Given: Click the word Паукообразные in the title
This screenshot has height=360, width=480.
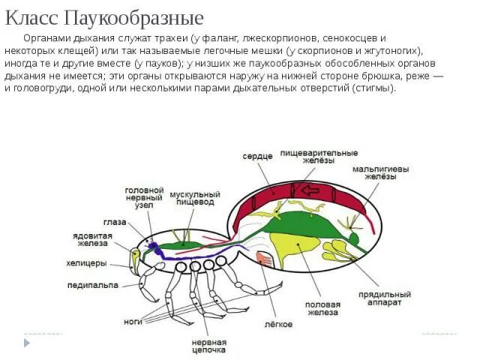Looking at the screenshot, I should [x=141, y=16].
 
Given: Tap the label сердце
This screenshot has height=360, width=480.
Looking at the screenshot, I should [x=256, y=157].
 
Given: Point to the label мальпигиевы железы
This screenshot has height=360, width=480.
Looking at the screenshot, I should [x=381, y=174].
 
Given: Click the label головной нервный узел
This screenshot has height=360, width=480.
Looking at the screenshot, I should [x=144, y=198].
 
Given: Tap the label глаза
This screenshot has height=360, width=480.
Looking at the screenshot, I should [x=115, y=222].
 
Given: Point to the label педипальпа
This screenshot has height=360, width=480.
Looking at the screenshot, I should [x=91, y=285].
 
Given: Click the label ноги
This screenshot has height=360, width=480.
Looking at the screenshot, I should [x=133, y=321].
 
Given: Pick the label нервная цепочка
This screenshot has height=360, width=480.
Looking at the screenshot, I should [x=208, y=345].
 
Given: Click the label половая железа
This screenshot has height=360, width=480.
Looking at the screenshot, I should [x=323, y=310].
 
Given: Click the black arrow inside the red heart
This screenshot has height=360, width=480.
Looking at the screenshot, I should [x=308, y=190].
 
